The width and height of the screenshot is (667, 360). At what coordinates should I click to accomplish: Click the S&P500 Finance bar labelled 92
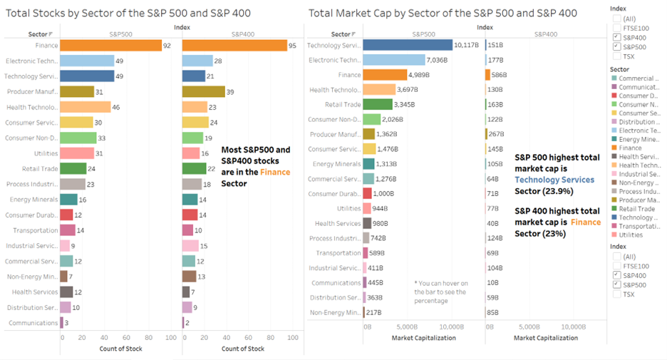[x=110, y=46]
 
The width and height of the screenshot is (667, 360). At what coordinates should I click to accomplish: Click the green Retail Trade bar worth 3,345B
[x=378, y=104]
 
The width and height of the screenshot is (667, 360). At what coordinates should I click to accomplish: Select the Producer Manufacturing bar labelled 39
[x=203, y=91]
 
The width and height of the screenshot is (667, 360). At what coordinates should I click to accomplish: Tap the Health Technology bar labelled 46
[x=85, y=107]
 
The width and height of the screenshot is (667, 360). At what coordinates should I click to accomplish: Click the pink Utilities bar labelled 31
[x=77, y=153]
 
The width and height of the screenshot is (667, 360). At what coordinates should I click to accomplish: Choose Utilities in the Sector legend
[x=631, y=234]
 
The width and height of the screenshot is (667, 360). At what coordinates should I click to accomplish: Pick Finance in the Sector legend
[x=630, y=148]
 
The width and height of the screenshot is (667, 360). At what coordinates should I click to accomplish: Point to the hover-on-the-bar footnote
[x=441, y=292]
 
